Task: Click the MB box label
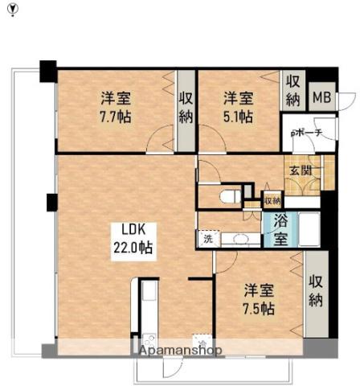321,97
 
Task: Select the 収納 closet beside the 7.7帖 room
185,107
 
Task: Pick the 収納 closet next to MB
292,91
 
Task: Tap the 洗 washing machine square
207,238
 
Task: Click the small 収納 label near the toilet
272,200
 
